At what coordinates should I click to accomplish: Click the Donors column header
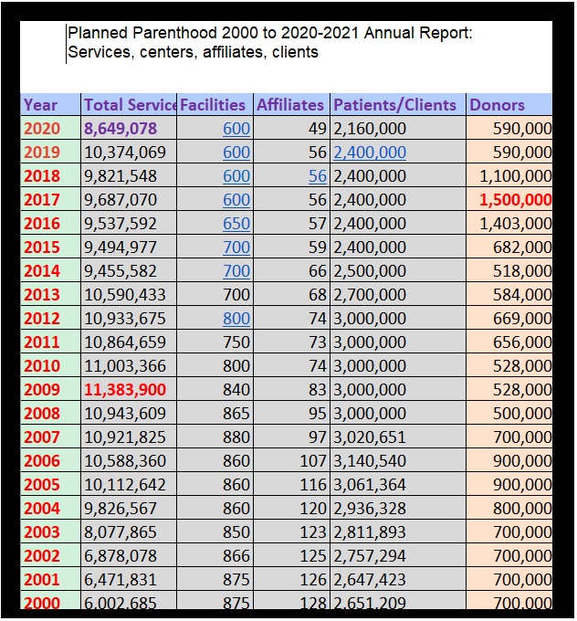(498, 105)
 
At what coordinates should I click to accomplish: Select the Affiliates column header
(290, 105)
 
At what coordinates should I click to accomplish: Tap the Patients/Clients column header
(394, 105)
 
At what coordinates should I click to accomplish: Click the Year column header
(40, 105)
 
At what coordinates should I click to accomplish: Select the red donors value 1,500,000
(515, 200)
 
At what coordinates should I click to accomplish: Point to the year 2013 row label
(42, 295)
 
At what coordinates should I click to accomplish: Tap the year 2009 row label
(42, 390)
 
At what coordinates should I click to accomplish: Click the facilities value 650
(236, 224)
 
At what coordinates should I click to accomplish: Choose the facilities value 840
(236, 390)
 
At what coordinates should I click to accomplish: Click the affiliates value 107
(313, 461)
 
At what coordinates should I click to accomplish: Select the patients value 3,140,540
(371, 461)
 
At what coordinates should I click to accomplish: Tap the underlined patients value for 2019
(371, 153)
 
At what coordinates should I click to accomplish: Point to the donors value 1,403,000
(515, 224)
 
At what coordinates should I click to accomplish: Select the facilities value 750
(236, 342)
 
